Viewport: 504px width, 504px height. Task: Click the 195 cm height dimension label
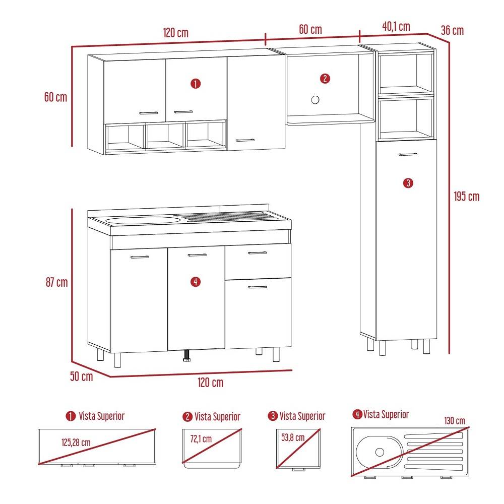[x=466, y=197]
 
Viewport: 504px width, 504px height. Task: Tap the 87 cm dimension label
[x=55, y=282]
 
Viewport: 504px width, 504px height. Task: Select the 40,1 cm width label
[x=396, y=27]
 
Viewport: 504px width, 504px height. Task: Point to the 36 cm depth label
[x=452, y=31]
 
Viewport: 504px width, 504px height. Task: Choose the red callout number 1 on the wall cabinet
[x=196, y=83]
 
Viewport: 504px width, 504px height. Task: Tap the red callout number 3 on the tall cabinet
[x=408, y=183]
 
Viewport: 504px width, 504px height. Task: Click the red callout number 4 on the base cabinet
[x=196, y=282]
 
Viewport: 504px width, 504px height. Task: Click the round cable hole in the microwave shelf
[x=316, y=100]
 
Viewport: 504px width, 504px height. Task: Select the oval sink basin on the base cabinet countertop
[x=143, y=220]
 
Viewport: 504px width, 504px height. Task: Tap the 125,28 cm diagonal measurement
[x=76, y=443]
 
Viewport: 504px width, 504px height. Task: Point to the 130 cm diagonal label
[x=455, y=421]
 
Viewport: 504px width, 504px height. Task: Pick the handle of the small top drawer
[x=258, y=253]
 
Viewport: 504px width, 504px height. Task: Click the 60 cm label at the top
[x=310, y=29]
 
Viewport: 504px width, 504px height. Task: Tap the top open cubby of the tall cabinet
[x=406, y=73]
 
